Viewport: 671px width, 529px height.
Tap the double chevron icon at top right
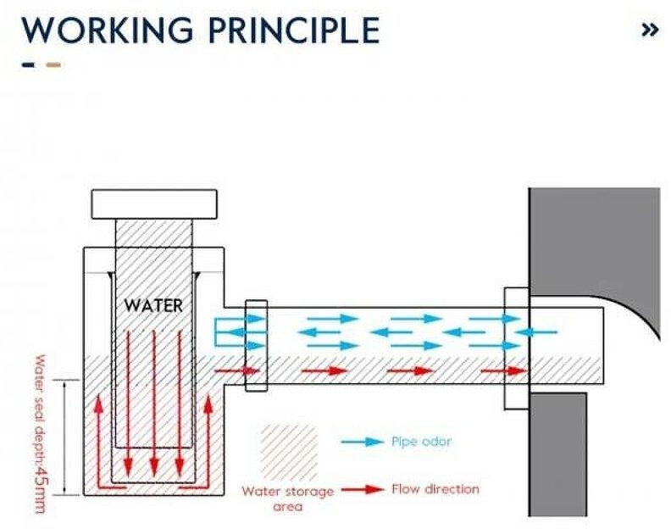coord(650,30)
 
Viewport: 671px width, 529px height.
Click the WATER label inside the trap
coord(153,303)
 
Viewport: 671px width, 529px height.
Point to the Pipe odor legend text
coord(421,443)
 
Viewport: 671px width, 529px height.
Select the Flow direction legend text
coord(435,489)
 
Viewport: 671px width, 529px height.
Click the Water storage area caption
coord(288,498)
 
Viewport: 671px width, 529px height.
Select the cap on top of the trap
coord(153,203)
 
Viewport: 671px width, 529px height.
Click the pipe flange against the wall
coord(516,348)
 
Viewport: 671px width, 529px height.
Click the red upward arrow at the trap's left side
coord(99,432)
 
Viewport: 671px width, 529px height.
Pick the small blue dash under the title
coord(29,64)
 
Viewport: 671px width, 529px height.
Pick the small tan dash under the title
coord(53,64)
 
